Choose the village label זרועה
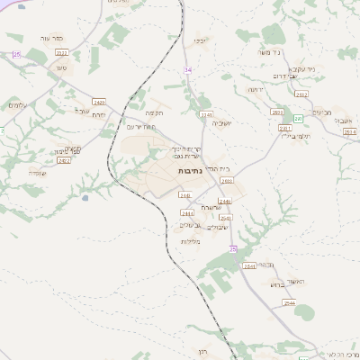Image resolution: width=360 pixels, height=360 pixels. coord(256,89)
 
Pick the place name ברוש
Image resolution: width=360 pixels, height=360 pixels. coord(276,283)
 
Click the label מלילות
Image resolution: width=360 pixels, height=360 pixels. coord(190,241)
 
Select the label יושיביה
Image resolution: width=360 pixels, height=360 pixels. coord(235,122)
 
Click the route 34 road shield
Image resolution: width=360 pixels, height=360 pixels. coord(188,69)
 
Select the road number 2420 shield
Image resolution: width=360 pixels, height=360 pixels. coord(100,102)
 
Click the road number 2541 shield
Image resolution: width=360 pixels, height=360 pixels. coord(249,266)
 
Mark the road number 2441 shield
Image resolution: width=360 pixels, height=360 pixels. coord(188,212)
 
